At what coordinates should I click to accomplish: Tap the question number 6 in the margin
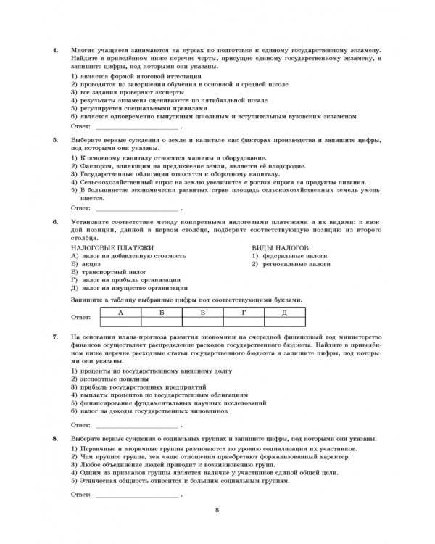pos(55,221)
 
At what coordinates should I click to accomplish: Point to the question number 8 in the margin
pos(55,440)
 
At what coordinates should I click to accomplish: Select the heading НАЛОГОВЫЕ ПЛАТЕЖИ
pos(106,247)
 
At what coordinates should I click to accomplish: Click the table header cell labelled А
pos(118,311)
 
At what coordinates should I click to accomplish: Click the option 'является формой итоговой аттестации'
pos(129,76)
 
